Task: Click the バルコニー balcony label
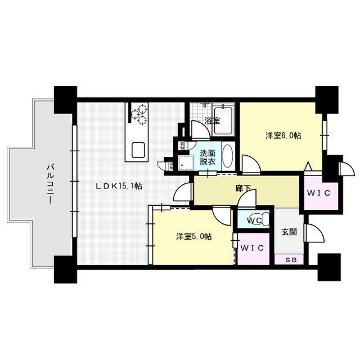49,183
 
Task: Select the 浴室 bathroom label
211,120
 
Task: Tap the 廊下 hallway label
243,190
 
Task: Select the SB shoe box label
289,260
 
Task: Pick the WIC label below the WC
252,247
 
